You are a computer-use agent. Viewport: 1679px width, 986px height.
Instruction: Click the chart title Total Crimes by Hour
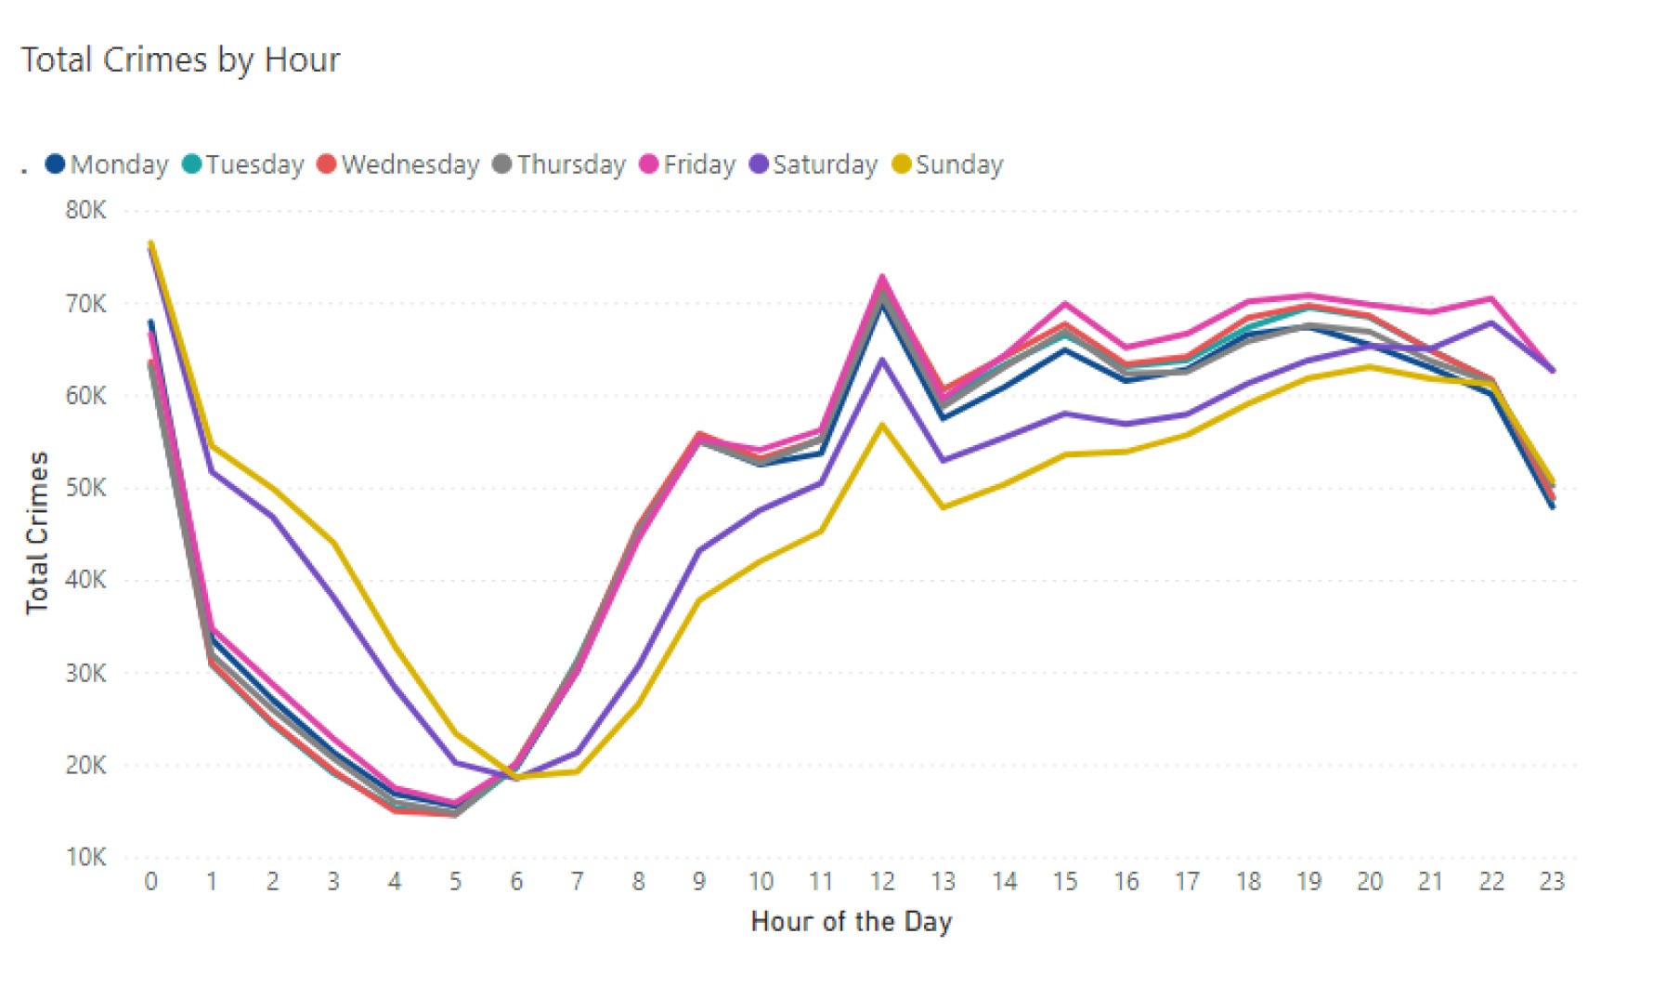181,60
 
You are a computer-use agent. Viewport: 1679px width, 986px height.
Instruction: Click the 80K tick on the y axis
85,210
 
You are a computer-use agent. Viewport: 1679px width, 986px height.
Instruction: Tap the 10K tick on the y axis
85,857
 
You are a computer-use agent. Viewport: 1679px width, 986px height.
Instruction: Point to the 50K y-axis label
85,488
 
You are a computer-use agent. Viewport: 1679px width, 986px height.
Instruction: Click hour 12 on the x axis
882,881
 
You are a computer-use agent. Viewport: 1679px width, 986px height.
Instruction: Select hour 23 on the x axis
1552,881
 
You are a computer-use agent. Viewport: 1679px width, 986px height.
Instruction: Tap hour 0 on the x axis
151,881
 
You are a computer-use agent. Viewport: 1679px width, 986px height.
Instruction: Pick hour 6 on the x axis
516,881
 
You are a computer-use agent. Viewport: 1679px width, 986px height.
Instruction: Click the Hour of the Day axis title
851,922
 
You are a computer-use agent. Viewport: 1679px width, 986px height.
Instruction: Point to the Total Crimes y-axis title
37,532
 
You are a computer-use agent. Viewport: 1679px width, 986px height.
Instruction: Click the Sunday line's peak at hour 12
882,425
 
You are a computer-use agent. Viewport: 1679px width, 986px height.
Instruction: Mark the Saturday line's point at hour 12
882,360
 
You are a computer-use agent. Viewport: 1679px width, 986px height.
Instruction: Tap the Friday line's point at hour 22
1491,298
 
